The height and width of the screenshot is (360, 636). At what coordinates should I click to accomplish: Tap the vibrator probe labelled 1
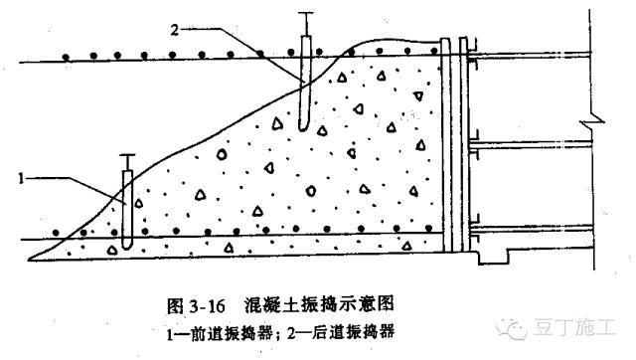tap(126, 209)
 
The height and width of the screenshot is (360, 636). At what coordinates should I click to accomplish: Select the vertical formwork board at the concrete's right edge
tap(445, 149)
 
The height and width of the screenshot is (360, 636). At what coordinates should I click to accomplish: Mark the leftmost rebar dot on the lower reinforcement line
tap(58, 232)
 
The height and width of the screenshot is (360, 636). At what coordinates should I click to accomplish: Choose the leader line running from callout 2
tap(238, 40)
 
